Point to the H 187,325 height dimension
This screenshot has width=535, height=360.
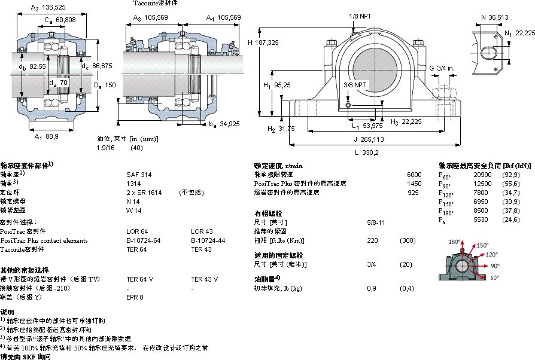click(x=265, y=42)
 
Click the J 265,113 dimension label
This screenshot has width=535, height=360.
click(x=369, y=139)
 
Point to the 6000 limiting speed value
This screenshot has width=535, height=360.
click(x=414, y=175)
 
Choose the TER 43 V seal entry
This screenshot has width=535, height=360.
click(x=205, y=279)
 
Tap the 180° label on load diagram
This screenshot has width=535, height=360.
click(x=454, y=242)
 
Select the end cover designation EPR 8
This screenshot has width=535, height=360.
click(x=135, y=297)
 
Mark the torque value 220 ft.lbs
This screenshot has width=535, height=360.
click(x=373, y=240)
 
